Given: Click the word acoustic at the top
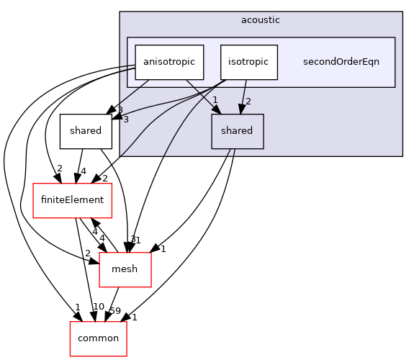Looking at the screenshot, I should point(261,20).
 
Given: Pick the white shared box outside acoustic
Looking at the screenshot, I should point(86,131).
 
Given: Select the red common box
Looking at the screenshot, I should point(98,338).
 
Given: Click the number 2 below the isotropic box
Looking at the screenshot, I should point(249,101).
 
